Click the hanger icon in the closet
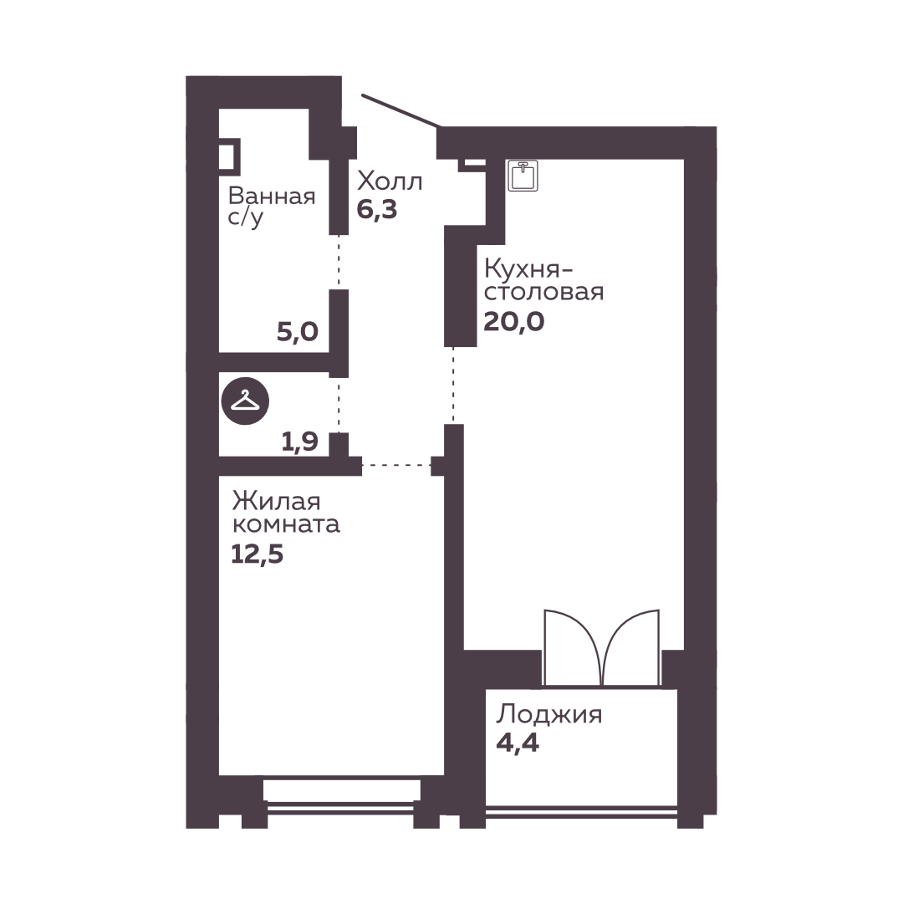pos(246,401)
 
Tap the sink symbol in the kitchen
pos(523,176)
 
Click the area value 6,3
pos(377,209)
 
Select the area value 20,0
pos(513,321)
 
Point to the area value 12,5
pos(257,554)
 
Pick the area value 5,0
pos(298,331)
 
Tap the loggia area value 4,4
pos(518,743)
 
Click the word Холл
pos(390,181)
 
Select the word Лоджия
pos(549,715)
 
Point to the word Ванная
pos(272,197)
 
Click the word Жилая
pos(276,501)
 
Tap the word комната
pos(286,524)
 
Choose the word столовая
pos(543,293)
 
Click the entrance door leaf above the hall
pos(401,110)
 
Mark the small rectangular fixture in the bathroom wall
pos(229,156)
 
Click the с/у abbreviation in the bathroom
pos(246,218)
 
